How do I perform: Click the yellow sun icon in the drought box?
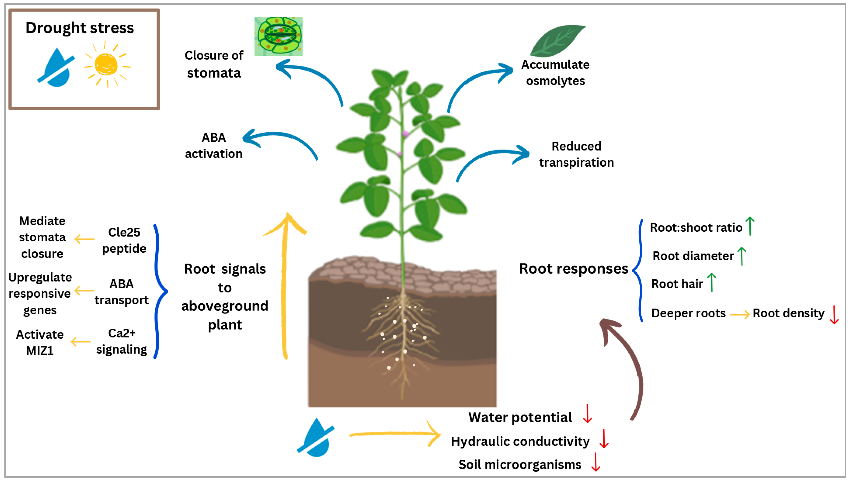pos(106,64)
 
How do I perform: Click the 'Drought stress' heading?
pos(80,28)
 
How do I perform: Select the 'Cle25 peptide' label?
pos(124,240)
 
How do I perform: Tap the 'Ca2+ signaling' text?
pos(122,341)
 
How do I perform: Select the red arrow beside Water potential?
pos(587,414)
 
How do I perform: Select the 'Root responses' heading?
pos(573,269)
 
